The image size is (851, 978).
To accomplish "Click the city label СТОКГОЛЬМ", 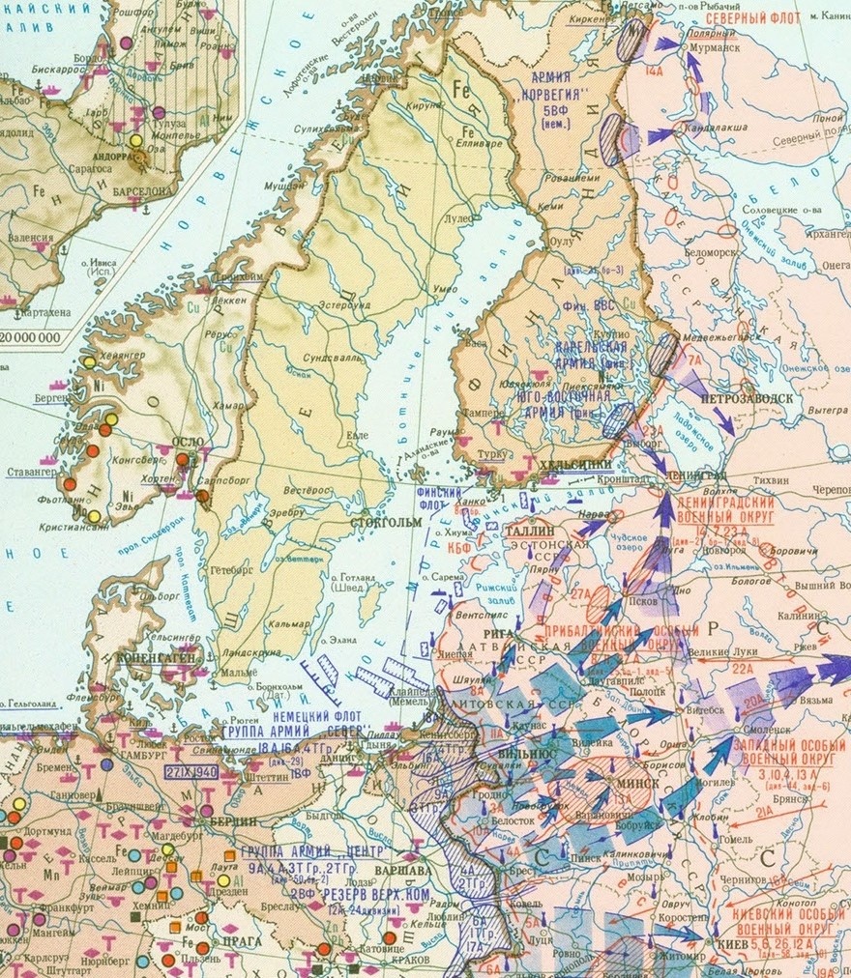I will tap(389, 522).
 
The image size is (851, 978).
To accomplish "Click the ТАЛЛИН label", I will tap(527, 531).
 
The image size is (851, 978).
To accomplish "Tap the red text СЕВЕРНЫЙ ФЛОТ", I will tap(752, 18).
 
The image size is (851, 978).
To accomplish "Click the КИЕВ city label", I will tap(732, 944).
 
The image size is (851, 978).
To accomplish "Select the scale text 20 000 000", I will tap(30, 337).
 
